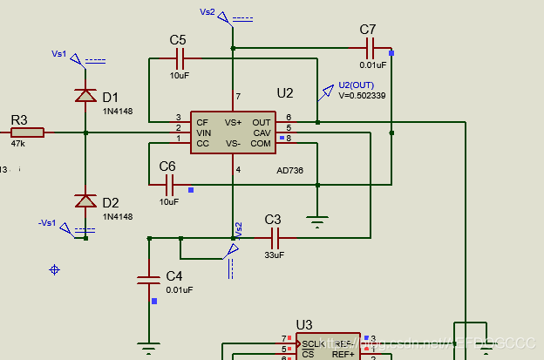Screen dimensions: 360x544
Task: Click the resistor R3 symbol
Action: point(27,133)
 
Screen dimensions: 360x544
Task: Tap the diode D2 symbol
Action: point(85,200)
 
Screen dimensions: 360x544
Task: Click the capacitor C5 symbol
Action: point(180,58)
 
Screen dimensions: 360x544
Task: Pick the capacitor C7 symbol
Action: point(369,47)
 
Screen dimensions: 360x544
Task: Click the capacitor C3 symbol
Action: point(275,236)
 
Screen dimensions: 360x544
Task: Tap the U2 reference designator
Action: point(285,93)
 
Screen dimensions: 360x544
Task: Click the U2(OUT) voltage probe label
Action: point(356,85)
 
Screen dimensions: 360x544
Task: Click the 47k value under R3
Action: point(18,145)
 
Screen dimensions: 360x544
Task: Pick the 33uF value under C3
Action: point(274,255)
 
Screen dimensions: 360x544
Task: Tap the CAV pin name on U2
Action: point(262,132)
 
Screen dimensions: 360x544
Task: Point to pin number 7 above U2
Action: point(237,97)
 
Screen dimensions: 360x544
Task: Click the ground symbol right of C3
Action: point(317,221)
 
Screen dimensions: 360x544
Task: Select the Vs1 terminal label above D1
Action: point(59,54)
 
